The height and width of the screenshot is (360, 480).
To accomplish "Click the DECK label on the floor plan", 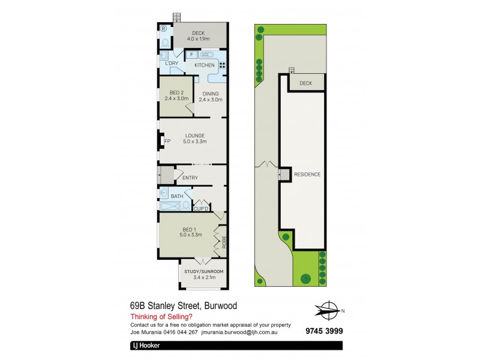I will pos(199,34).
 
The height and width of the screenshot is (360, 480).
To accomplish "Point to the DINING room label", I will pos(211,94).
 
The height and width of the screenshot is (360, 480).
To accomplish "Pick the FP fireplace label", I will pos(167,142).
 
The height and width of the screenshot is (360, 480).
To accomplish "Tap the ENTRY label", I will pos(190,178).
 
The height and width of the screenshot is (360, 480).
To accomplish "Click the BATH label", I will pos(177,196).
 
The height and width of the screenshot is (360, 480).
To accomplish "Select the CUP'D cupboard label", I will pos(200,208).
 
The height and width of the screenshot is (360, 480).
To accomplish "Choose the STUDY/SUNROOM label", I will pos(204,272).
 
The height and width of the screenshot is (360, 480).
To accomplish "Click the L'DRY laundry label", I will pos(171,63).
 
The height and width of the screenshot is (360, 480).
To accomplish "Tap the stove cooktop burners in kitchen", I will pos(222,66).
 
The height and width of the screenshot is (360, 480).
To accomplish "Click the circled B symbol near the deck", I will pos(163,28).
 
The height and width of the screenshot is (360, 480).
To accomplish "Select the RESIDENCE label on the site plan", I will pos(307,175).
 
